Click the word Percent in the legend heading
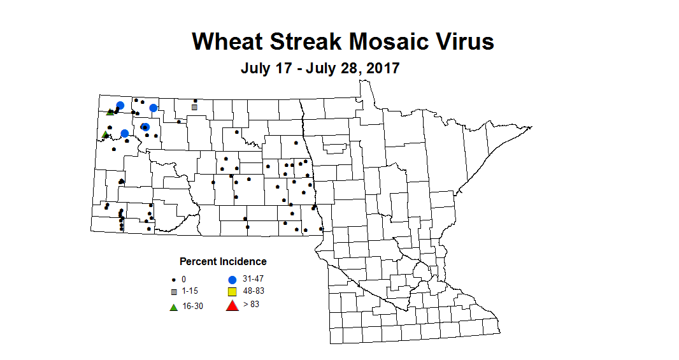[x=198, y=261]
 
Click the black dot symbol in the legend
[x=173, y=280]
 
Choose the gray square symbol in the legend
[x=173, y=292]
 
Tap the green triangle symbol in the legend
[x=173, y=307]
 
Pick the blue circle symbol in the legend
[x=232, y=280]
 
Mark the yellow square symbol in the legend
[x=232, y=292]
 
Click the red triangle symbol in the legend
[x=232, y=306]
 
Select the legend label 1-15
[x=189, y=291]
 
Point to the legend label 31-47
[x=252, y=279]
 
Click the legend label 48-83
[x=252, y=291]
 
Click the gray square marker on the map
[x=194, y=107]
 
